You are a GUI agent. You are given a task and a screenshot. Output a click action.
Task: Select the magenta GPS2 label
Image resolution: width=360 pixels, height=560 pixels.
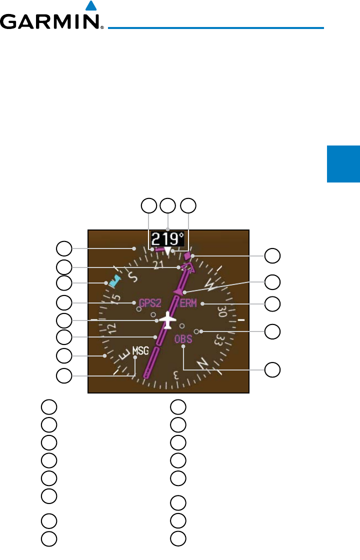pyautogui.click(x=150, y=303)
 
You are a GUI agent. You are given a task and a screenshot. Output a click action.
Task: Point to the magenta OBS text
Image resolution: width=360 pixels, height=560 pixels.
pyautogui.click(x=183, y=339)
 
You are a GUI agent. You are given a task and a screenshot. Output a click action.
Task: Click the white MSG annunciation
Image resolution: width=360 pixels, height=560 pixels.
pyautogui.click(x=140, y=350)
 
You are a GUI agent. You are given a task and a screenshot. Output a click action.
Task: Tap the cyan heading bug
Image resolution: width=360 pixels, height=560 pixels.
pyautogui.click(x=115, y=280)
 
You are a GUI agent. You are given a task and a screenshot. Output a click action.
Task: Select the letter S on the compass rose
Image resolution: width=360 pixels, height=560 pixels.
pyautogui.click(x=132, y=275)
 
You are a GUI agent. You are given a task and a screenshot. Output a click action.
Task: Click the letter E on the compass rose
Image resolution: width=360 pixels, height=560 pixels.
pyautogui.click(x=125, y=356)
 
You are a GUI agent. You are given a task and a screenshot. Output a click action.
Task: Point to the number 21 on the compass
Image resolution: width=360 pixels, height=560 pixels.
pyautogui.click(x=159, y=265)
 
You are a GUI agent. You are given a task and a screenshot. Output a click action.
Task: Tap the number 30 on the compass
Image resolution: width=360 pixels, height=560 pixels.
pyautogui.click(x=221, y=312)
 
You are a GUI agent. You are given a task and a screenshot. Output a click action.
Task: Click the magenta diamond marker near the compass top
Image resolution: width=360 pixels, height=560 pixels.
pyautogui.click(x=187, y=256)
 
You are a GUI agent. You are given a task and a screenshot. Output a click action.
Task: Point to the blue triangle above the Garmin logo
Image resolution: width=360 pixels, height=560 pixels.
pyautogui.click(x=90, y=6)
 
